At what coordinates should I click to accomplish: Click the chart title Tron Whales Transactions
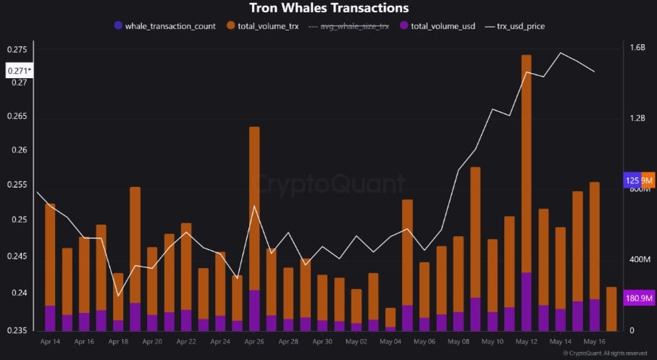pyautogui.click(x=329, y=9)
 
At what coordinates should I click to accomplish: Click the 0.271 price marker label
pyautogui.click(x=19, y=71)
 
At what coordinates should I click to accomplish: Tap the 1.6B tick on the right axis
pyautogui.click(x=637, y=48)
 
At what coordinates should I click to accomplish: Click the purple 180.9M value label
pyautogui.click(x=640, y=298)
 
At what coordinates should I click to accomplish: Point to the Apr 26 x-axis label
pyautogui.click(x=254, y=341)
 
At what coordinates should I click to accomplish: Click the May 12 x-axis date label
pyautogui.click(x=526, y=341)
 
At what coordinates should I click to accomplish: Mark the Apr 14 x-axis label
pyautogui.click(x=51, y=341)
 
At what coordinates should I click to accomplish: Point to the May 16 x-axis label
pyautogui.click(x=594, y=341)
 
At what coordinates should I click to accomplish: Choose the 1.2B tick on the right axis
pyautogui.click(x=637, y=118)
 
